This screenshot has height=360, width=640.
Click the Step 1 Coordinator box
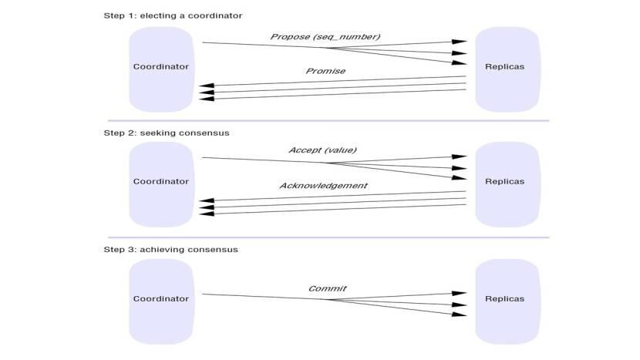(x=160, y=67)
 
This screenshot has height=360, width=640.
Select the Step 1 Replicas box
(x=504, y=67)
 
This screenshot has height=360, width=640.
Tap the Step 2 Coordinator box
(x=160, y=182)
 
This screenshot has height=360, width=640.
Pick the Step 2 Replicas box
(x=504, y=182)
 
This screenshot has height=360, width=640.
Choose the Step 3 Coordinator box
(x=160, y=298)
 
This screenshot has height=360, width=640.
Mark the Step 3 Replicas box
(x=504, y=298)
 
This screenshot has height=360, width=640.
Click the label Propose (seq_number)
(x=325, y=37)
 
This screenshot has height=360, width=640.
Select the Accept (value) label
(x=322, y=150)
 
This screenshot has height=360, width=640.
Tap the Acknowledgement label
(x=323, y=186)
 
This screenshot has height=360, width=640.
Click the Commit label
(x=327, y=289)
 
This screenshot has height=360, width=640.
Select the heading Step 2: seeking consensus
(x=167, y=133)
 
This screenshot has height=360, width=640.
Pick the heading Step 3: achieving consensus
(x=170, y=250)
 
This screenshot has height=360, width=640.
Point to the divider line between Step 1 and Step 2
(x=328, y=121)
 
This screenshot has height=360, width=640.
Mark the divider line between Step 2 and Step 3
(x=328, y=237)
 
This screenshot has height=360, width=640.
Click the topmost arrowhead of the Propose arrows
(x=460, y=42)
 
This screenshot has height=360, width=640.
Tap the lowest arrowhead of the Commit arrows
(x=460, y=314)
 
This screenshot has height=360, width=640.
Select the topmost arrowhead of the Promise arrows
(x=206, y=86)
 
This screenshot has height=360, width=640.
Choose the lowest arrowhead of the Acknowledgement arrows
(x=206, y=213)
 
